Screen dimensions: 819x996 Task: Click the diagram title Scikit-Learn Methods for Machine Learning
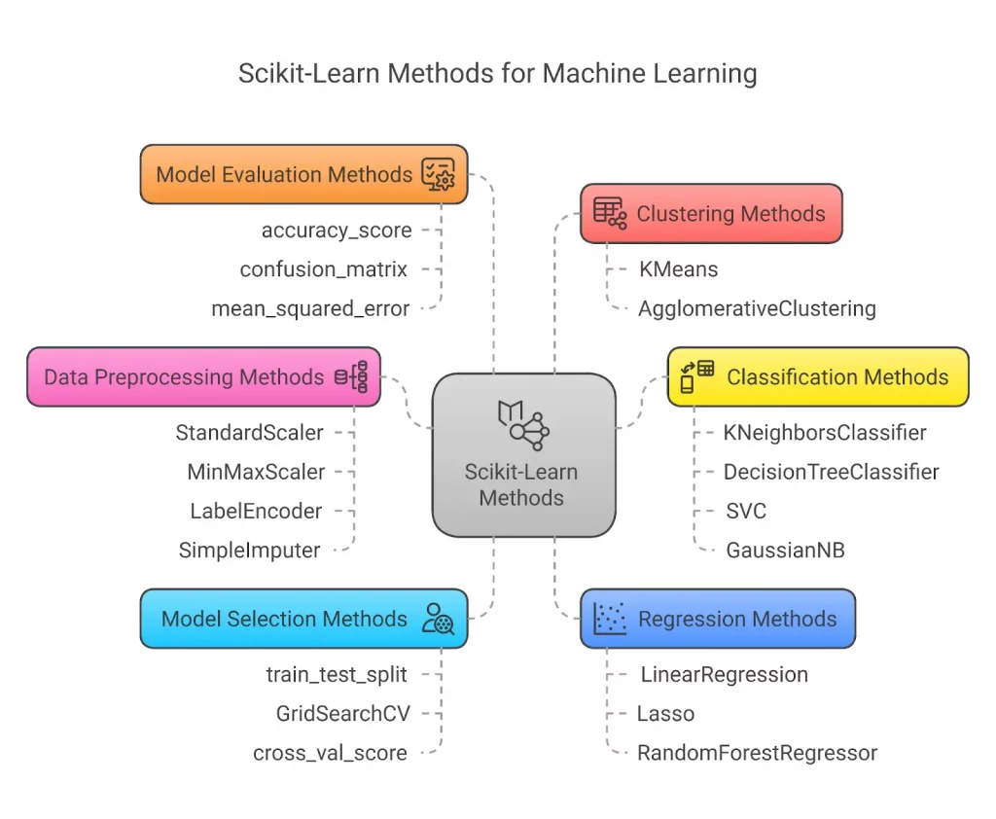pyautogui.click(x=497, y=73)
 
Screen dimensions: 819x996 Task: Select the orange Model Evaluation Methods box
pyautogui.click(x=303, y=174)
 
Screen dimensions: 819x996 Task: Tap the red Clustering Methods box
pyautogui.click(x=711, y=214)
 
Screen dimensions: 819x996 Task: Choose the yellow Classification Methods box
pyautogui.click(x=818, y=376)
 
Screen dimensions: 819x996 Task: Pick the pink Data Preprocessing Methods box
pyautogui.click(x=203, y=376)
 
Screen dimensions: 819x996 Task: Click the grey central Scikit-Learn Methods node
pyautogui.click(x=523, y=455)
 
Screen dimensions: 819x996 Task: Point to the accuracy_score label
pyautogui.click(x=337, y=231)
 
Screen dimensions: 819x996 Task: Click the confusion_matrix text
pyautogui.click(x=324, y=269)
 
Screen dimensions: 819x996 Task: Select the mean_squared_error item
pyautogui.click(x=310, y=308)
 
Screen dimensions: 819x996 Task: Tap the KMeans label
pyautogui.click(x=678, y=269)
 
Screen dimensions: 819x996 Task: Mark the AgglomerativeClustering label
pyautogui.click(x=757, y=309)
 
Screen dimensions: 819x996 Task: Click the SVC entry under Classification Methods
pyautogui.click(x=746, y=511)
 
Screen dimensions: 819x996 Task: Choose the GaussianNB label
pyautogui.click(x=785, y=551)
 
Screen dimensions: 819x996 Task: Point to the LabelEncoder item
pyautogui.click(x=256, y=511)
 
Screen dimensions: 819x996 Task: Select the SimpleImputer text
pyautogui.click(x=249, y=551)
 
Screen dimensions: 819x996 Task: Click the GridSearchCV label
pyautogui.click(x=342, y=714)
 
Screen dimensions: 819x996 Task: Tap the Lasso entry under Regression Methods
pyautogui.click(x=665, y=714)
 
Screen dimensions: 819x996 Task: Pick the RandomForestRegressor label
pyautogui.click(x=757, y=753)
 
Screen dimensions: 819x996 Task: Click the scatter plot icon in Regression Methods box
pyautogui.click(x=610, y=618)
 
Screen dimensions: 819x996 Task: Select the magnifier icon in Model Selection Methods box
pyautogui.click(x=438, y=619)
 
